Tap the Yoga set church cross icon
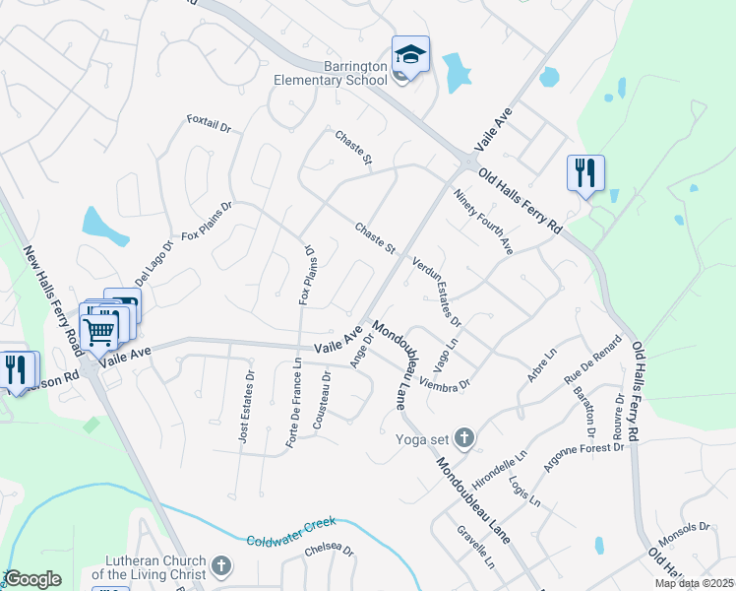464,438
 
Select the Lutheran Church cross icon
221,565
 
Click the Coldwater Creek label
291,531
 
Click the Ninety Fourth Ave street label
483,221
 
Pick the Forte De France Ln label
294,404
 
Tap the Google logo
32,579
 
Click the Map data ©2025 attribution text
696,583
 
